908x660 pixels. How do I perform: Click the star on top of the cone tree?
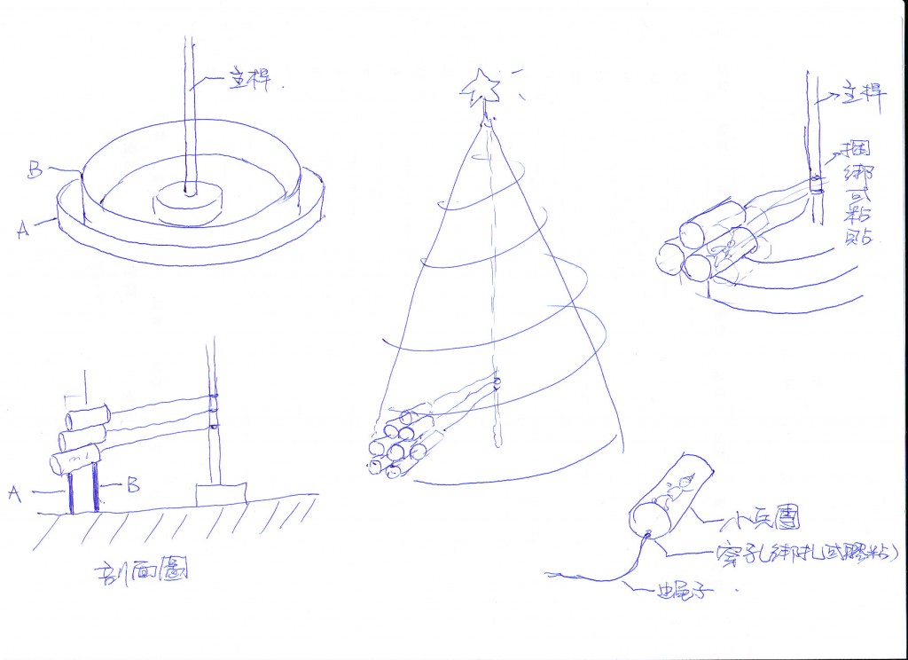point(481,87)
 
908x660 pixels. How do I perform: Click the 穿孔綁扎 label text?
point(805,554)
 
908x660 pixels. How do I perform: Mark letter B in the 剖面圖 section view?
point(132,484)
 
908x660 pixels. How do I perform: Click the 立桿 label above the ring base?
point(252,82)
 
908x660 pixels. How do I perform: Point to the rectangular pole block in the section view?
point(221,493)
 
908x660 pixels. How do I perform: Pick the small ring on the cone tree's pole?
point(497,383)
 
